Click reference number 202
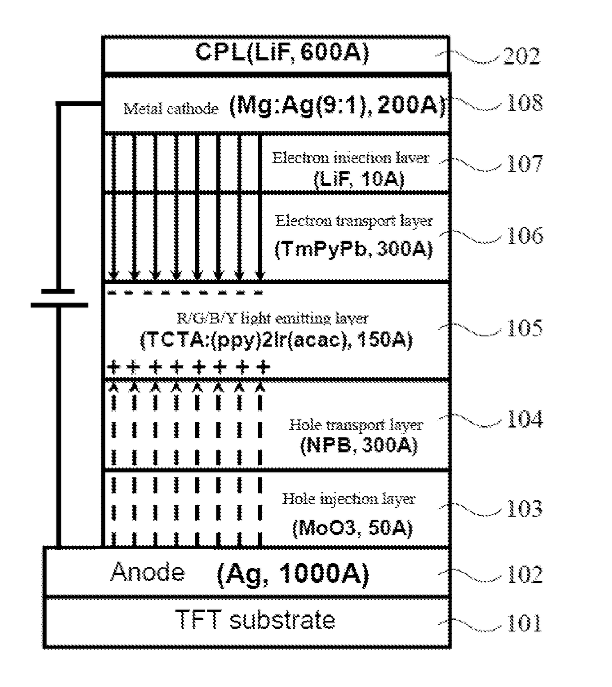point(521,56)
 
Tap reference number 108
point(525,103)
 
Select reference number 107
point(525,163)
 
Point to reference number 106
point(525,235)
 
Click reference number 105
point(525,327)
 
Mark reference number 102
point(525,574)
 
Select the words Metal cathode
point(171,109)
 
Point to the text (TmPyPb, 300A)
point(353,249)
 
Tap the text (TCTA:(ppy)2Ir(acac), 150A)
point(276,339)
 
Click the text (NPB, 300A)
point(359,445)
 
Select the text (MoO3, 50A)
point(352,527)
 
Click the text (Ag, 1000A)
point(293,574)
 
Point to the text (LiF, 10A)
point(359,179)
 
